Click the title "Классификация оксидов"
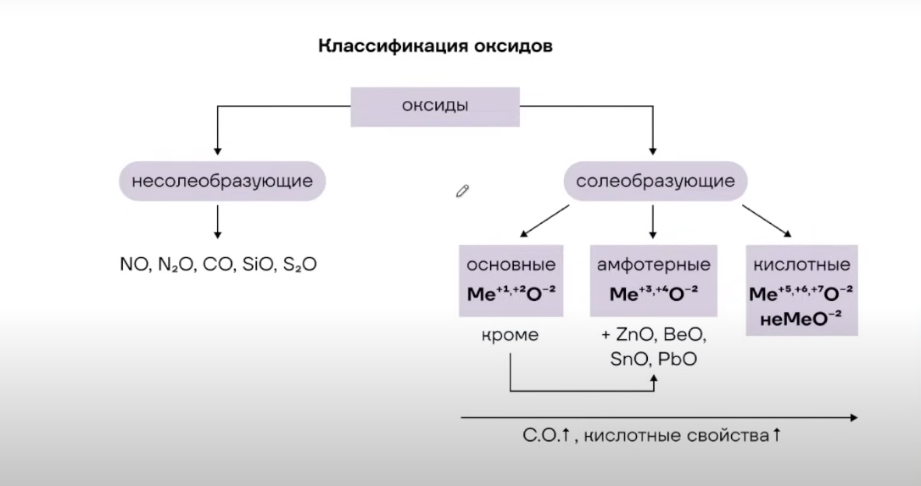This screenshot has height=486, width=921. pos(435,46)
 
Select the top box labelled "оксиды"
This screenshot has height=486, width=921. pos(435,106)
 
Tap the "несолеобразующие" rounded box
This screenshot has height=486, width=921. pos(222,181)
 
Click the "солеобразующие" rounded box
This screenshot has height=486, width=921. pos(656,181)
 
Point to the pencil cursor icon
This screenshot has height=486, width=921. pos(462,190)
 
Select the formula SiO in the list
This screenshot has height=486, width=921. pos(260,265)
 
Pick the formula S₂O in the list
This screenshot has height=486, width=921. pos(300,265)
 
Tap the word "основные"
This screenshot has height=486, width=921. pos(511,265)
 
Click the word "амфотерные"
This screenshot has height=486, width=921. pos(653,265)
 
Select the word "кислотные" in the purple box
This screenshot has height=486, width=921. pos(801,265)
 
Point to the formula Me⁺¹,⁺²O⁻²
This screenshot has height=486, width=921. pos(511,294)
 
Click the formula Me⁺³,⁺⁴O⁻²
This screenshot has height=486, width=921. pos(653,294)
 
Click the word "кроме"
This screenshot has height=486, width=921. pos(510,335)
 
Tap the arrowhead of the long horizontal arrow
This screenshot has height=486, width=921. pos(851,417)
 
